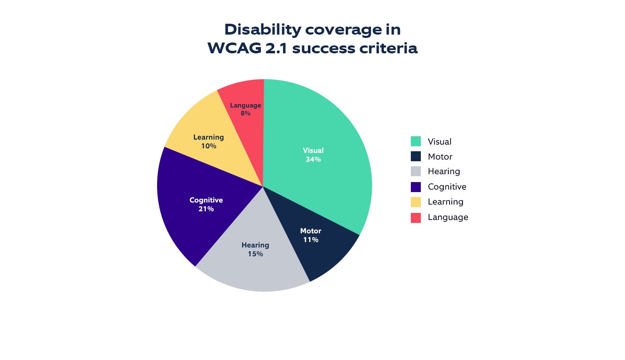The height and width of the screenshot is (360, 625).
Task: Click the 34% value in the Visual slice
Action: [313, 160]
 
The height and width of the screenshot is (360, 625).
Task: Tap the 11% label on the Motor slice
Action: [311, 240]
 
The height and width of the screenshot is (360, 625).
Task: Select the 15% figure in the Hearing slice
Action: [255, 254]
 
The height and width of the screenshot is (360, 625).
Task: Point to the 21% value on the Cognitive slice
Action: [206, 209]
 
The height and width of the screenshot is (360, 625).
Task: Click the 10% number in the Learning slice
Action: [208, 146]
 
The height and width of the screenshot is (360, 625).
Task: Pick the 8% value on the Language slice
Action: [245, 113]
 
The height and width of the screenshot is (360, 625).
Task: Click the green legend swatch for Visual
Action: [415, 141]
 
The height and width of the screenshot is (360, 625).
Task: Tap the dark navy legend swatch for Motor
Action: [415, 156]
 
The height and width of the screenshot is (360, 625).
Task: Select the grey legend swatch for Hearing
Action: [415, 171]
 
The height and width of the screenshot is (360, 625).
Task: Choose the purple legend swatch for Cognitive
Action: [415, 187]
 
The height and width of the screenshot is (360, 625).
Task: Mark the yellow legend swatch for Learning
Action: [415, 202]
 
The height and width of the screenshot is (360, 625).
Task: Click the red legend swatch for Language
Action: [415, 217]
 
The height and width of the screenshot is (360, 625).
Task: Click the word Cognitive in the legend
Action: [447, 187]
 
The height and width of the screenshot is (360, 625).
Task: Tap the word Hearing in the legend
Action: [444, 171]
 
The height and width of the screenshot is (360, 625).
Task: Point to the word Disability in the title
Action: [262, 30]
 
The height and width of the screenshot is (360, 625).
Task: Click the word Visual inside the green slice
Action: [313, 150]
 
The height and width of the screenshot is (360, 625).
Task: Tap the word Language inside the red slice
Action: [245, 105]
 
